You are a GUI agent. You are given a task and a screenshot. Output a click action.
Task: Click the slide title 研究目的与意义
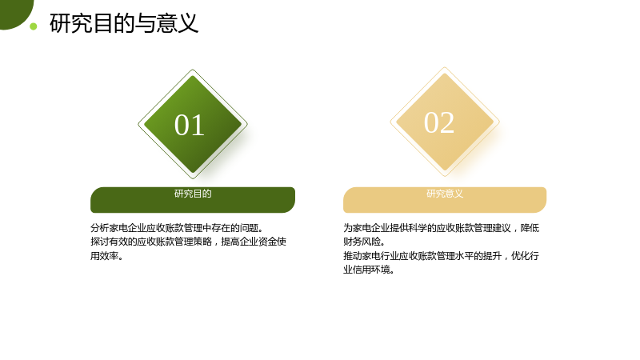(124, 23)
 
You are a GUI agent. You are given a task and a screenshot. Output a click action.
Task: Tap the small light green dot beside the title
(34, 26)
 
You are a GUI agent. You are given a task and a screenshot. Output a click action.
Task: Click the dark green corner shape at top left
(14, 12)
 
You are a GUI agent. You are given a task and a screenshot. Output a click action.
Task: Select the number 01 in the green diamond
(190, 125)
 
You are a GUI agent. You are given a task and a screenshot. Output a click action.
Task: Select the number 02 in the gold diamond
(439, 122)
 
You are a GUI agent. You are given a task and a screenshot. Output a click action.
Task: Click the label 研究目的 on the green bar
(193, 194)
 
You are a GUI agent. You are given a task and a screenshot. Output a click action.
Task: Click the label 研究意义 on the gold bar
(445, 194)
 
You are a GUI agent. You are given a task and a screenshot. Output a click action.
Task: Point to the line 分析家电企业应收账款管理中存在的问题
(177, 228)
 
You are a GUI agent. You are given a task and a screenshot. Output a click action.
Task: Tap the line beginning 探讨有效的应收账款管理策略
(188, 242)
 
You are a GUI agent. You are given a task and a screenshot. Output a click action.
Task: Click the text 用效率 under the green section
(106, 256)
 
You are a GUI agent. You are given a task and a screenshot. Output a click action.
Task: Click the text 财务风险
(364, 242)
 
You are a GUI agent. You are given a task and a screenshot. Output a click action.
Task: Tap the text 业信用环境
(369, 270)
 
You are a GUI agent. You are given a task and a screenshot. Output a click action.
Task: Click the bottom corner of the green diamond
(193, 178)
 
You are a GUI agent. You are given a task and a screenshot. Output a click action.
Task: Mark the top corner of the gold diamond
(445, 67)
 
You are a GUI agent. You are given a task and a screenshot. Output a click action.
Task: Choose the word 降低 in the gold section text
(530, 228)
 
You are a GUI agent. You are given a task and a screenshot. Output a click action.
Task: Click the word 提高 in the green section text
(230, 242)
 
